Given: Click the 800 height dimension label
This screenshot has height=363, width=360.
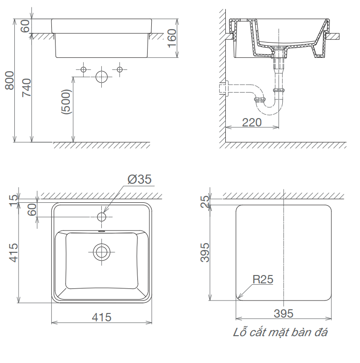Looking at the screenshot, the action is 10,81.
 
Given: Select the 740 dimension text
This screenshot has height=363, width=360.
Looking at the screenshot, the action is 27,88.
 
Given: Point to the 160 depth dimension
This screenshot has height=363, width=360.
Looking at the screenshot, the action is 172,38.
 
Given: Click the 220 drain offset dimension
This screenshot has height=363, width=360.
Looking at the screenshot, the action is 252,122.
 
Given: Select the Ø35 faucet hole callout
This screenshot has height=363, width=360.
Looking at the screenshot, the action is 140,179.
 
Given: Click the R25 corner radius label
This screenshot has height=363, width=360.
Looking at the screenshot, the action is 263,279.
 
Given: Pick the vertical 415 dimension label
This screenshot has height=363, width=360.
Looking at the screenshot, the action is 13,253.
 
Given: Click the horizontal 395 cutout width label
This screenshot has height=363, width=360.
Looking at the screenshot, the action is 283,313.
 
